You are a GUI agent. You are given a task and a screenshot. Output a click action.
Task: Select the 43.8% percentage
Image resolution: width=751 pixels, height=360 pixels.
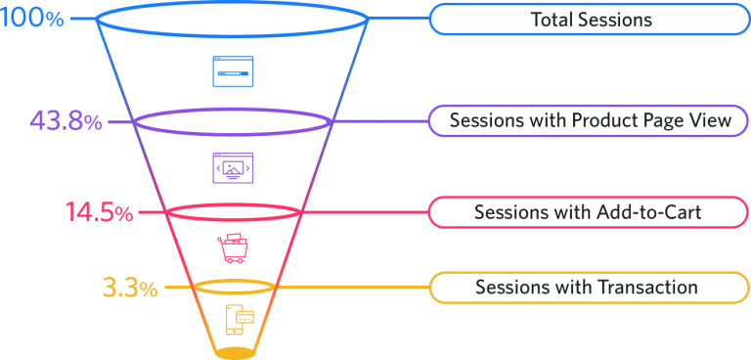tap(66, 122)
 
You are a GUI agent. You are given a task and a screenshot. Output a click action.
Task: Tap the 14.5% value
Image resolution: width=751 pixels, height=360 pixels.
tap(99, 212)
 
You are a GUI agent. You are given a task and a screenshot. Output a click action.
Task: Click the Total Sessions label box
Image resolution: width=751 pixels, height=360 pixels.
tap(590, 19)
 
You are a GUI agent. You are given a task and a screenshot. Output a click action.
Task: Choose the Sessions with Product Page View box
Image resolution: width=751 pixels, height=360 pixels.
tap(590, 121)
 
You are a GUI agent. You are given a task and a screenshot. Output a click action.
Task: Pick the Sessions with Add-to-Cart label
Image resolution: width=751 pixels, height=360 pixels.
tap(590, 212)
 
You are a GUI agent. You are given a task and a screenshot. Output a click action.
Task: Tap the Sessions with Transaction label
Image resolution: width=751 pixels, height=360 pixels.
tap(590, 288)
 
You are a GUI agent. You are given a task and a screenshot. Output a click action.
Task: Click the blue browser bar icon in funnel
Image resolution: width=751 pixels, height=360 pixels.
tap(233, 71)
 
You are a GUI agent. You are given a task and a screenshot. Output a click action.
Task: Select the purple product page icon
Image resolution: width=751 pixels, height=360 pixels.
tap(233, 168)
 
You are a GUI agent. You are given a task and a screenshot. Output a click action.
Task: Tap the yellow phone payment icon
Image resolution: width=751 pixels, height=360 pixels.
tap(239, 319)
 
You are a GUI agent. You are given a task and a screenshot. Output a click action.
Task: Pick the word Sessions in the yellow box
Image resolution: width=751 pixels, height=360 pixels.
tap(509, 288)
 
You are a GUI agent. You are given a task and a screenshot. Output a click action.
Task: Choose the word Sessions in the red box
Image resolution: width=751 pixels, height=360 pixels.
tap(508, 212)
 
